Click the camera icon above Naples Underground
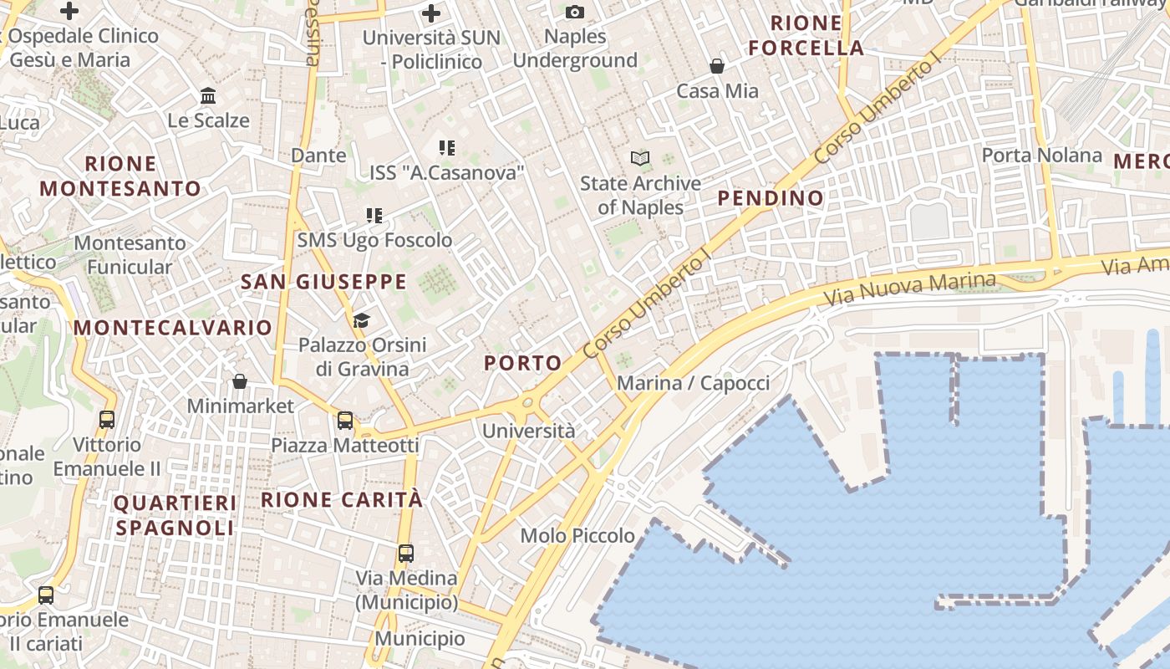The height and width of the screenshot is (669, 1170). click(x=575, y=12)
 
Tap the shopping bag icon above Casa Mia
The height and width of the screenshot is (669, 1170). click(x=717, y=65)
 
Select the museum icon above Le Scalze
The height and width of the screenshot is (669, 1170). click(x=208, y=95)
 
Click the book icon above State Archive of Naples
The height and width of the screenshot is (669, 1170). click(x=640, y=157)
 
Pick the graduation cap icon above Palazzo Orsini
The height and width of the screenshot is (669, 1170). click(x=361, y=320)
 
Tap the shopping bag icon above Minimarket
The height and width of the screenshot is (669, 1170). click(x=240, y=381)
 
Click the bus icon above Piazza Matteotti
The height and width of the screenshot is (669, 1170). click(x=344, y=420)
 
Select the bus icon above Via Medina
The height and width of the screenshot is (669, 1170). click(x=406, y=553)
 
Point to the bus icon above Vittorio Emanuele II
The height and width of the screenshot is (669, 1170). click(x=107, y=420)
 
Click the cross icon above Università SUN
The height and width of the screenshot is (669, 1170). click(x=431, y=13)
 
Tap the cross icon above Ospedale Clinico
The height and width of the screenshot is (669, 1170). click(x=69, y=11)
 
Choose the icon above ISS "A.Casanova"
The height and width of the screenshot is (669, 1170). click(x=447, y=148)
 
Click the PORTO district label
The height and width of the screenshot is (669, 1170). click(x=523, y=363)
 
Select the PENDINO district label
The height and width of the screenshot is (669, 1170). click(x=771, y=198)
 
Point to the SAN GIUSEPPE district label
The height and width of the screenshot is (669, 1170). click(x=323, y=282)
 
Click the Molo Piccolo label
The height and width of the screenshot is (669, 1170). click(x=577, y=535)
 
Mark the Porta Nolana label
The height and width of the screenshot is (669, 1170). click(x=1041, y=155)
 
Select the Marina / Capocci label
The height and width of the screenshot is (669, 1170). click(x=693, y=383)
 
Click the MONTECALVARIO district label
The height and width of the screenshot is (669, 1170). click(x=173, y=328)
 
